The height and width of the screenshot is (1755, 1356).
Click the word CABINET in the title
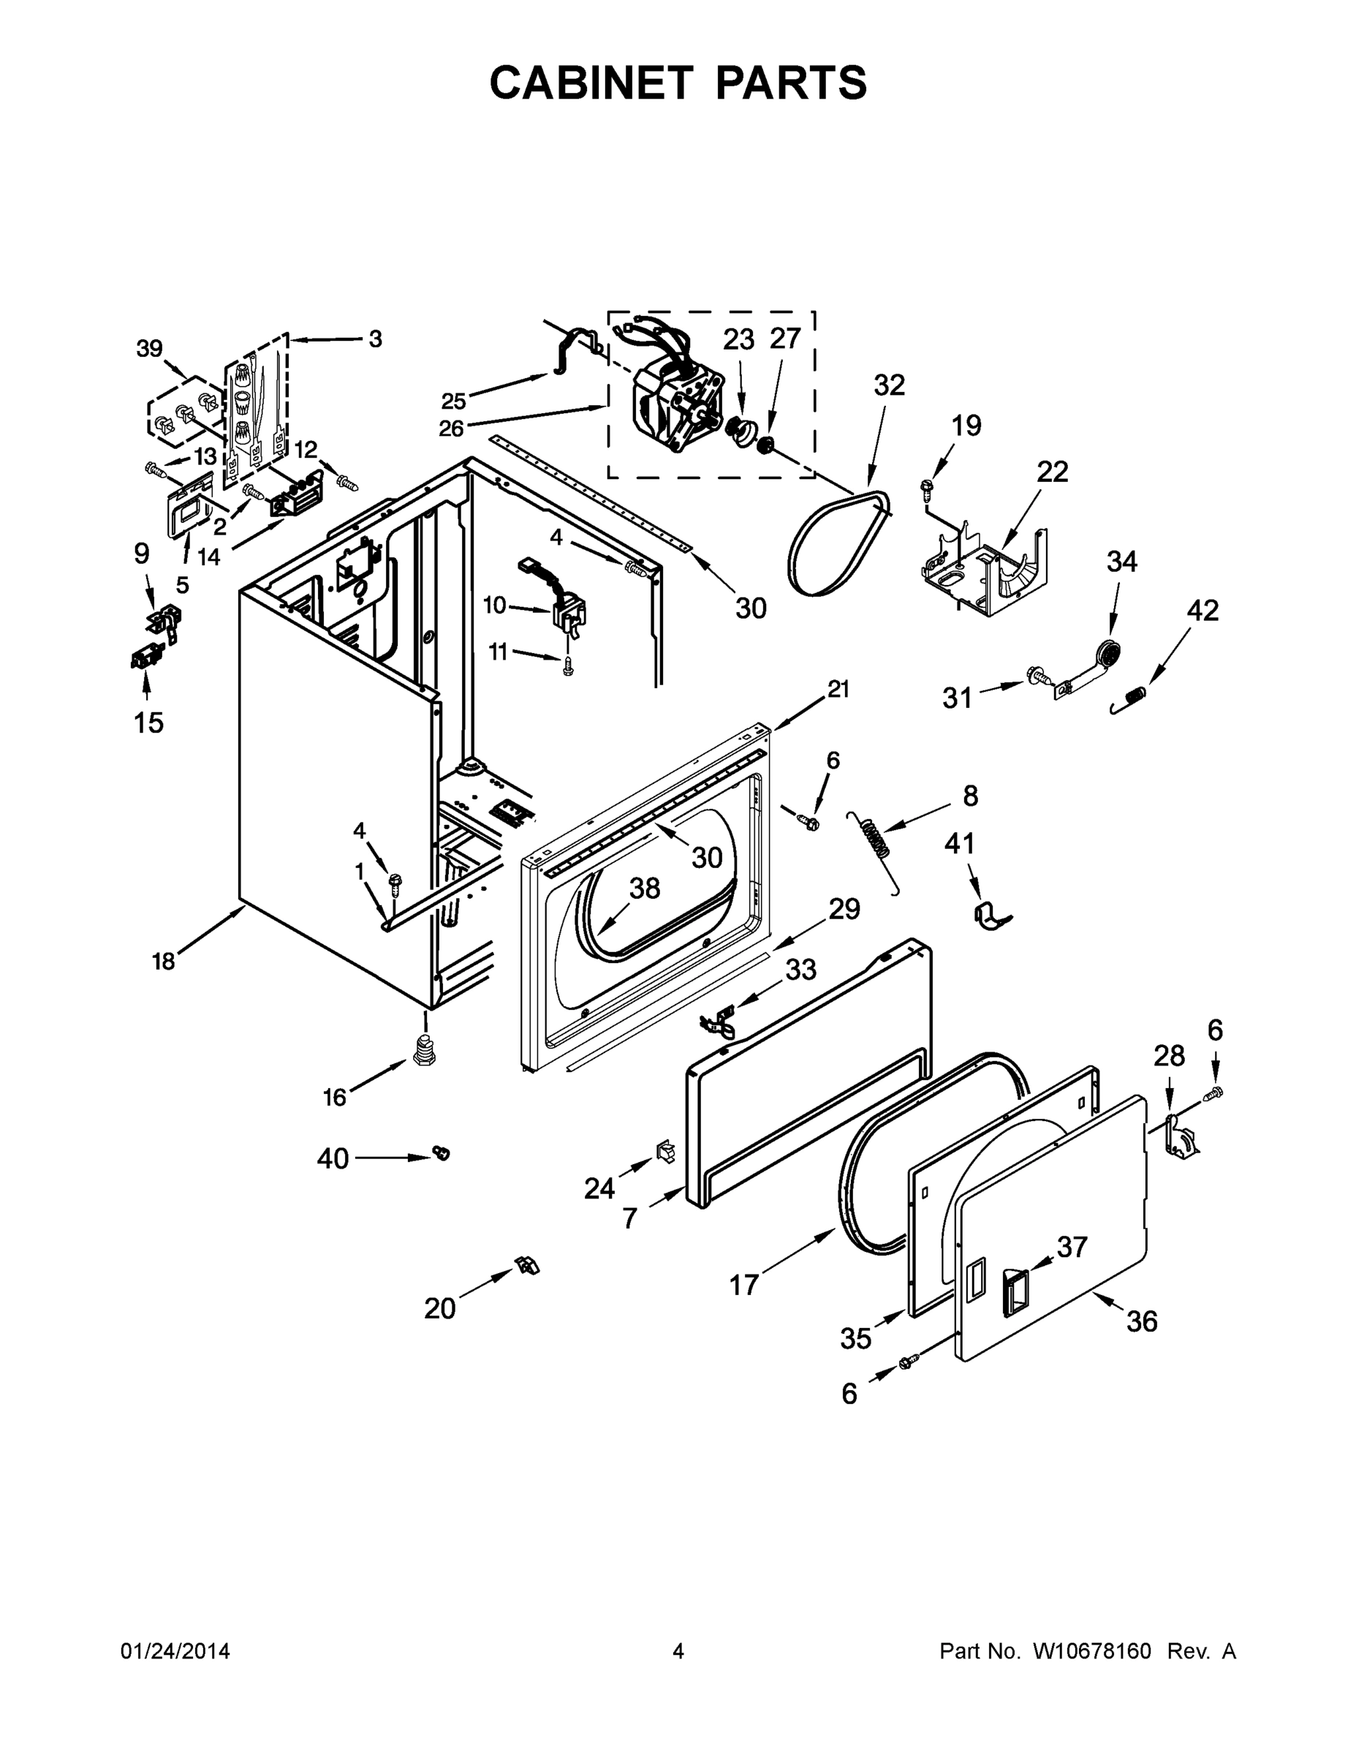591,82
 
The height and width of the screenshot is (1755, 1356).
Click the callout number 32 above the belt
888,385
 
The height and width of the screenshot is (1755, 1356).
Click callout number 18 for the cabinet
163,960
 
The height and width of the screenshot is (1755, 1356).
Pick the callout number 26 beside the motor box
452,429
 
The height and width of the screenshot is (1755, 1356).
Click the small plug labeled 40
441,1153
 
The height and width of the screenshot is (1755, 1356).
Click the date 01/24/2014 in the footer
175,1651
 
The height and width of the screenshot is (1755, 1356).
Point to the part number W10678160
1091,1651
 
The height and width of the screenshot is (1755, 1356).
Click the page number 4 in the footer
678,1651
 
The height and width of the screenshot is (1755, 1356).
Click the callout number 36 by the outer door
1142,1321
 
